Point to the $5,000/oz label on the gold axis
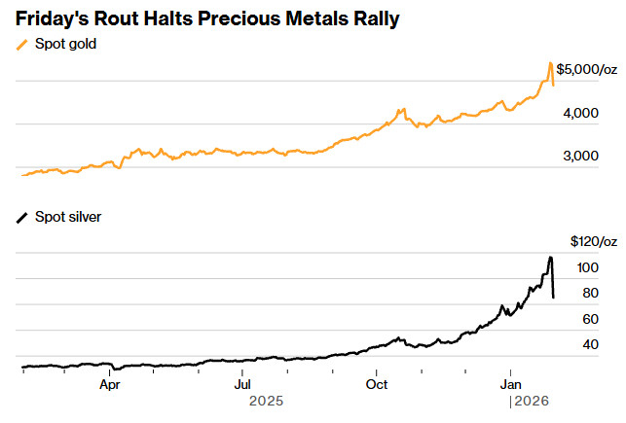(587, 70)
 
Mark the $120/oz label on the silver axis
(594, 241)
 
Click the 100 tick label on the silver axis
(588, 267)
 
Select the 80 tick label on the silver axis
(591, 293)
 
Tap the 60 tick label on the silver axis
(591, 319)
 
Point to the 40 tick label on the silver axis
(591, 345)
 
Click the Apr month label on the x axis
(109, 383)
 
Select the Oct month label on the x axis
(376, 383)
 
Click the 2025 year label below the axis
(267, 400)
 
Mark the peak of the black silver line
(551, 257)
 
